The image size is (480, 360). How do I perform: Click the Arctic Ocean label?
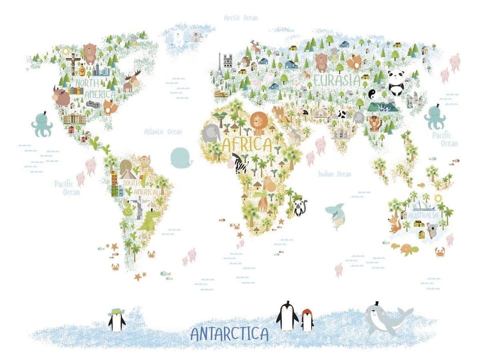[x=240, y=18]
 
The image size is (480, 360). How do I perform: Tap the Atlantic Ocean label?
[x=163, y=132]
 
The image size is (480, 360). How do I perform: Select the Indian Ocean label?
[x=334, y=174]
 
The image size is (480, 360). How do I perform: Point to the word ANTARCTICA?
[x=229, y=333]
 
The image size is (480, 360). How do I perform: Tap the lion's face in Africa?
[x=259, y=121]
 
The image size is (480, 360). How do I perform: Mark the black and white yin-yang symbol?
[x=372, y=93]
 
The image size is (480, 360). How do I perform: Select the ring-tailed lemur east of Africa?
[x=299, y=207]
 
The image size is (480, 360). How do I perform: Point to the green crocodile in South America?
[x=149, y=220]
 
